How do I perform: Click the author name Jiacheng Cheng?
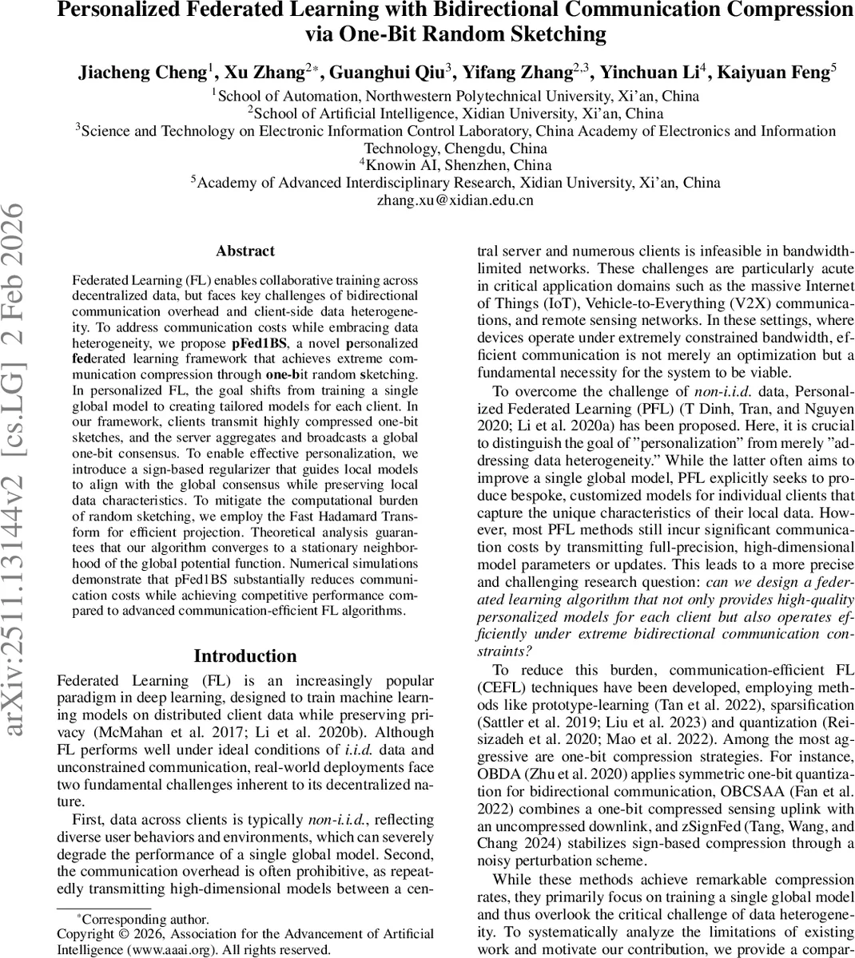[x=142, y=72]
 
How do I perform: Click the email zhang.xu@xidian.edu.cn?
[x=455, y=200]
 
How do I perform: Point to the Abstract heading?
[x=245, y=251]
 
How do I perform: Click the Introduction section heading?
[x=245, y=656]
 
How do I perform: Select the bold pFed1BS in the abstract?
[x=258, y=342]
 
